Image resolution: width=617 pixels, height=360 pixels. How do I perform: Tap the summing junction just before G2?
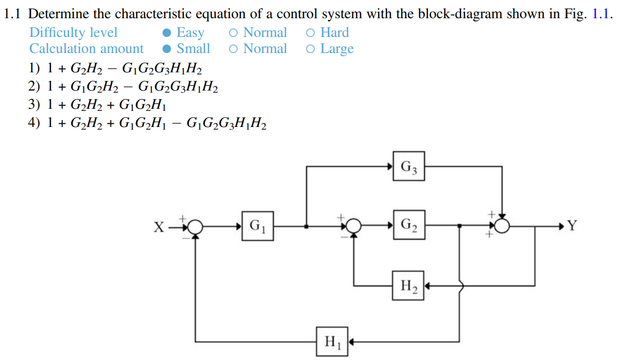[x=353, y=227]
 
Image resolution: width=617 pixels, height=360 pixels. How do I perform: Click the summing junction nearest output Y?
[x=502, y=227]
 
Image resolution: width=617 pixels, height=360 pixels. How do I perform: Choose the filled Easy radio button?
[x=168, y=33]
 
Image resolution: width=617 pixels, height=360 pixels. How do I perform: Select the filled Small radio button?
[x=168, y=49]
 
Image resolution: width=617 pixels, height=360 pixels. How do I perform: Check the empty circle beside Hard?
[x=311, y=33]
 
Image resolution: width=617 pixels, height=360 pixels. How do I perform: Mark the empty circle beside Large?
[x=311, y=49]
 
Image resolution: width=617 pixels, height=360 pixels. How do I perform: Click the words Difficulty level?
[x=73, y=33]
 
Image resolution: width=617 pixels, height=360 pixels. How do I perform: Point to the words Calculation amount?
[x=86, y=49]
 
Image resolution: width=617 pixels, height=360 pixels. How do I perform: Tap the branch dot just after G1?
[x=306, y=227]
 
